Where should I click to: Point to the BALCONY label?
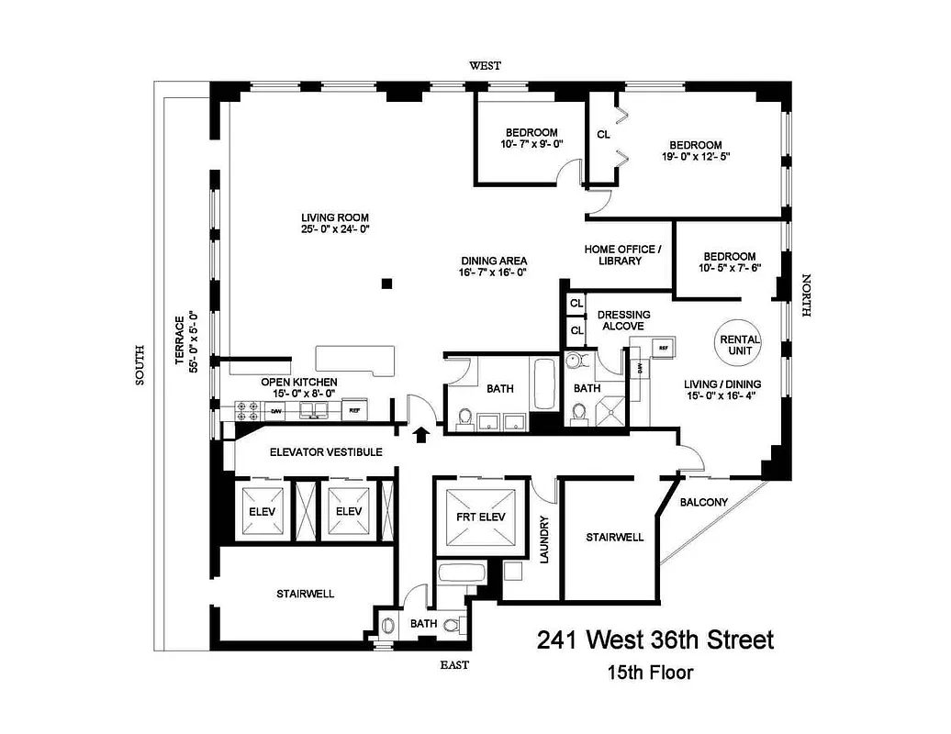[704, 502]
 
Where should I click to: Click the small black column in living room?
[388, 283]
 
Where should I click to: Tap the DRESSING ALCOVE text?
[624, 320]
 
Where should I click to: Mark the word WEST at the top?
[485, 65]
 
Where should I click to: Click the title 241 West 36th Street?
[655, 639]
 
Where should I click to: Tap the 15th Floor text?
[650, 673]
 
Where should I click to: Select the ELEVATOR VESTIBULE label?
[326, 451]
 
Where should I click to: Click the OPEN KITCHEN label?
[299, 382]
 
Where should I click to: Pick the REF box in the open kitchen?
[353, 411]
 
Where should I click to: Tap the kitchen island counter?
[355, 358]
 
